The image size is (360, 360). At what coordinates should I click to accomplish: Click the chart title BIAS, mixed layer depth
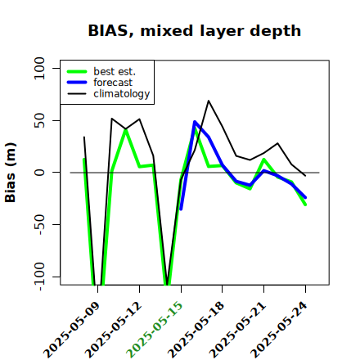click(195, 31)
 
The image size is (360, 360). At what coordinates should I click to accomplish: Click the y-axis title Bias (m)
click(11, 173)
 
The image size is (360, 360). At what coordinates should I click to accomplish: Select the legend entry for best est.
click(115, 71)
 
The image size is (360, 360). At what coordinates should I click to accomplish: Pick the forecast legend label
click(113, 83)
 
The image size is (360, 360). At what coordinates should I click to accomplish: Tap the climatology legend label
click(122, 94)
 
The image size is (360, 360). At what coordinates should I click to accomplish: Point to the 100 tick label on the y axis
click(39, 68)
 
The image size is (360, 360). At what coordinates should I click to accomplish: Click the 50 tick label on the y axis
click(39, 120)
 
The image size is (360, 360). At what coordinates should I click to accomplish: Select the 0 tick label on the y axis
click(39, 173)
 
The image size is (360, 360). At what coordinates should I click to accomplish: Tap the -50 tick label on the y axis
click(39, 224)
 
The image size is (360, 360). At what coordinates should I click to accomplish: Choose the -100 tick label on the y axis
click(39, 277)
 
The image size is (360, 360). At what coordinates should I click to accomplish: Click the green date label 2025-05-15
click(155, 330)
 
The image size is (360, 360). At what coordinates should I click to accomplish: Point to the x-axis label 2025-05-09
click(71, 330)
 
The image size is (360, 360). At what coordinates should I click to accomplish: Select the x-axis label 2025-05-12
click(113, 330)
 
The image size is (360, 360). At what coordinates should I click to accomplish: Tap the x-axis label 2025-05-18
click(196, 330)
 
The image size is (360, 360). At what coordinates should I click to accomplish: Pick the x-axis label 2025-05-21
click(237, 330)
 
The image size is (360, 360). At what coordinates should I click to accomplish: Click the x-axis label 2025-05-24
click(279, 330)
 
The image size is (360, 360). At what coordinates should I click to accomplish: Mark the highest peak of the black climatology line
click(209, 101)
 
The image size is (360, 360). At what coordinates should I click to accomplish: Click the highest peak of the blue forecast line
click(195, 122)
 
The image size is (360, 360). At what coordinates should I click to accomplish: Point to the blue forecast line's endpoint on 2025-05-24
click(305, 197)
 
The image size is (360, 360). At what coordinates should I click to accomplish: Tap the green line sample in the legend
click(77, 71)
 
